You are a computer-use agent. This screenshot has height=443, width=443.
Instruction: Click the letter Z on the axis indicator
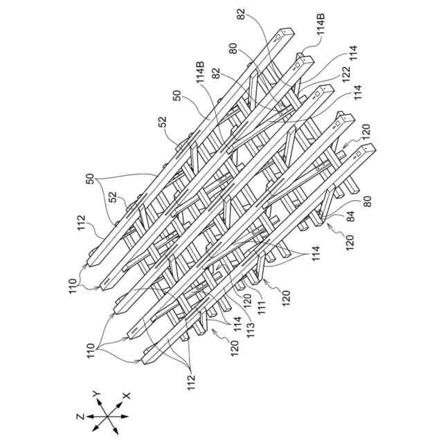[82, 417]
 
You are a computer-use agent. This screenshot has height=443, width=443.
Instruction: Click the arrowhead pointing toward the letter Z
[89, 417]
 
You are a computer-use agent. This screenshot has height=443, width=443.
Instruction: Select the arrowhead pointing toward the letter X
[120, 401]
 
